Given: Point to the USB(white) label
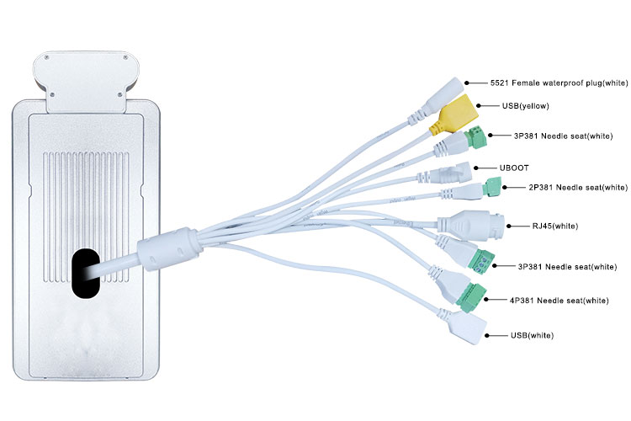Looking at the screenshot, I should (x=532, y=335).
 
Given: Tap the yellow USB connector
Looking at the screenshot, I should (x=454, y=114).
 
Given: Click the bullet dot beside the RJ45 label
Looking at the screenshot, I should (x=502, y=226).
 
